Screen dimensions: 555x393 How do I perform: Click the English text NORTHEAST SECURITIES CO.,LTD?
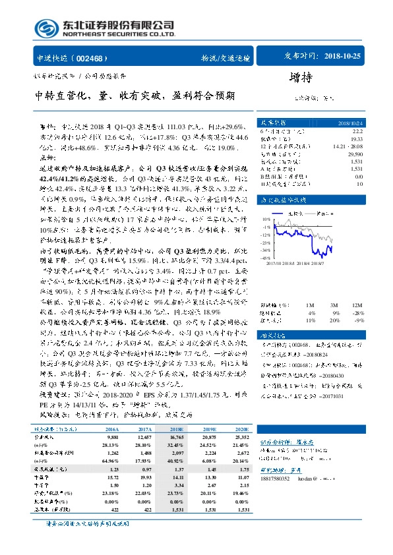pyautogui.click(x=119, y=34)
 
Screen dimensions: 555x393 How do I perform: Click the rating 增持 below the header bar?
pyautogui.click(x=301, y=77)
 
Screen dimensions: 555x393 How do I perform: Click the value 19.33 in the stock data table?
pyautogui.click(x=355, y=138)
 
